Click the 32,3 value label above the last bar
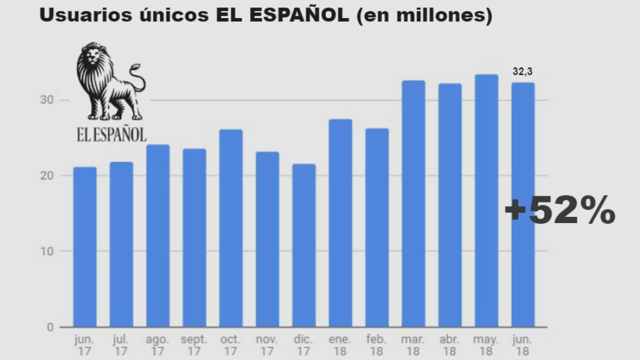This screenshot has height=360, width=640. tap(522, 72)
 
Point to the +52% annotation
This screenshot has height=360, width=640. tap(559, 211)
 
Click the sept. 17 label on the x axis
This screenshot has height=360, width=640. tap(194, 345)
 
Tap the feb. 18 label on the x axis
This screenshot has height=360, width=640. tap(377, 345)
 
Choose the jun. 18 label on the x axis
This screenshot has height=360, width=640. tap(522, 345)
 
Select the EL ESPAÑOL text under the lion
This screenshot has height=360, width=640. tap(111, 134)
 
